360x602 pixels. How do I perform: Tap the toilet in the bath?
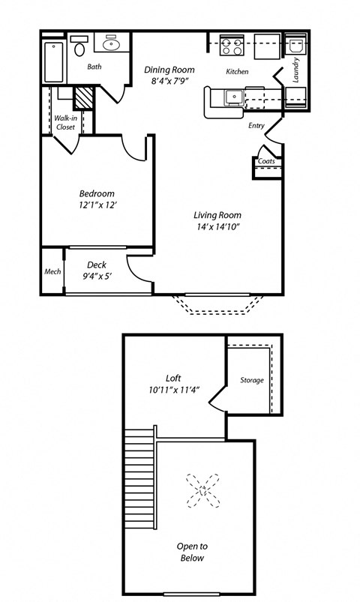click(x=79, y=49)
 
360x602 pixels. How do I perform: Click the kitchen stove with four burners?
click(x=231, y=47)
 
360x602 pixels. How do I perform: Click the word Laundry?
click(x=297, y=70)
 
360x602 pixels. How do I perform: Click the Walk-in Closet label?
click(x=65, y=122)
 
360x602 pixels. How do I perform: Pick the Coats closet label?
click(x=265, y=161)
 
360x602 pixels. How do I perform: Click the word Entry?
click(x=256, y=125)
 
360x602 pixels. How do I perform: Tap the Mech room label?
click(x=52, y=271)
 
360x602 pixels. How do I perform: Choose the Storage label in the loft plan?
click(x=252, y=380)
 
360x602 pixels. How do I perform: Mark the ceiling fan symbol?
click(x=202, y=490)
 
